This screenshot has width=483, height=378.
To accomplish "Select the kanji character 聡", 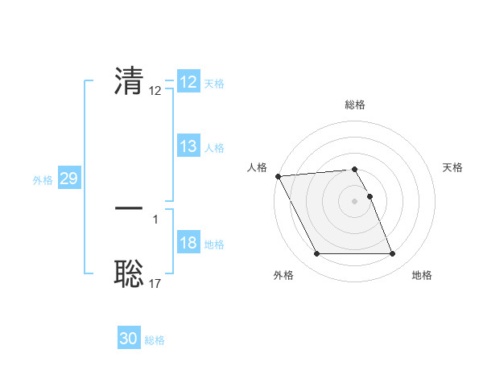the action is (129, 273).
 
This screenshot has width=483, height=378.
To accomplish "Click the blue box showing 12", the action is (188, 82).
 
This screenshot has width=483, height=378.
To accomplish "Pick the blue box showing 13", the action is (188, 146).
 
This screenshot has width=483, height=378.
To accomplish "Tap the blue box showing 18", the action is (188, 243).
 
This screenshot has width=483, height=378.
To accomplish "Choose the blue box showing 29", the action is (69, 179).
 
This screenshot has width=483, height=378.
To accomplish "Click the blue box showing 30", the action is (129, 339).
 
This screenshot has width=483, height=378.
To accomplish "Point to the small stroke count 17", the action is (155, 283).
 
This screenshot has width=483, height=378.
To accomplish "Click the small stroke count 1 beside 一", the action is (155, 219).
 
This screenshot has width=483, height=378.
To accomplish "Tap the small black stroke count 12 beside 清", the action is (155, 91).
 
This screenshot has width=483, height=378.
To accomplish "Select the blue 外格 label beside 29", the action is (43, 180).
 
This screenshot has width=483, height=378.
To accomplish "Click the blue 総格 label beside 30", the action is (155, 340).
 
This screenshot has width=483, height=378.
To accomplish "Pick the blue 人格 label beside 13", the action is (214, 148).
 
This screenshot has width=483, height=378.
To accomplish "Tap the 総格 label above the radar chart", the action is (355, 105).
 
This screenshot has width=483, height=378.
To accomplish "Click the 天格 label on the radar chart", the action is (453, 167).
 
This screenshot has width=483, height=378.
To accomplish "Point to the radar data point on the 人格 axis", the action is (278, 176).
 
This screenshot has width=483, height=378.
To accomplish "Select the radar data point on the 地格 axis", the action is (392, 254).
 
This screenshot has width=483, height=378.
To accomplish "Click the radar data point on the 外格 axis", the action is (316, 254).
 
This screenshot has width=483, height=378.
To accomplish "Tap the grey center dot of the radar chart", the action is (354, 201).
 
